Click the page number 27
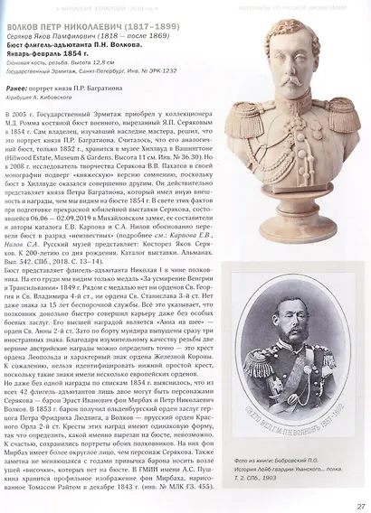pyautogui.click(x=360, y=505)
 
